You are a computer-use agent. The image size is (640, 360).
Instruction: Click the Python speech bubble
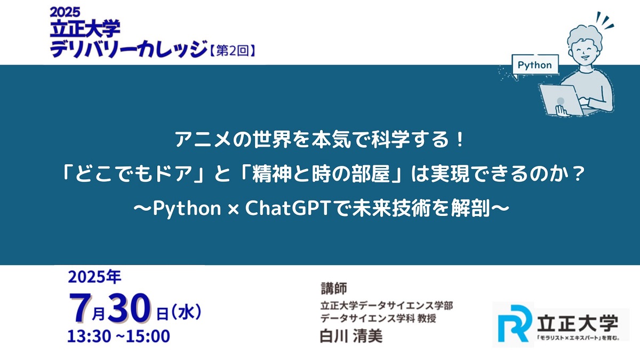tap(535, 65)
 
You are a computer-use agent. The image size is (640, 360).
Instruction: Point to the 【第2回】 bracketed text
tap(233, 51)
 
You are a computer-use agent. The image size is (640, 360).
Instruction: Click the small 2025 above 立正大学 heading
tap(65, 10)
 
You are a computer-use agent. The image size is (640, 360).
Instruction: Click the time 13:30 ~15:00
tap(118, 337)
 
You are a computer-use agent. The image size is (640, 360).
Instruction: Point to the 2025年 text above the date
tap(94, 277)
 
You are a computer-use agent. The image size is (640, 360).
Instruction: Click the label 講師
tap(333, 289)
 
